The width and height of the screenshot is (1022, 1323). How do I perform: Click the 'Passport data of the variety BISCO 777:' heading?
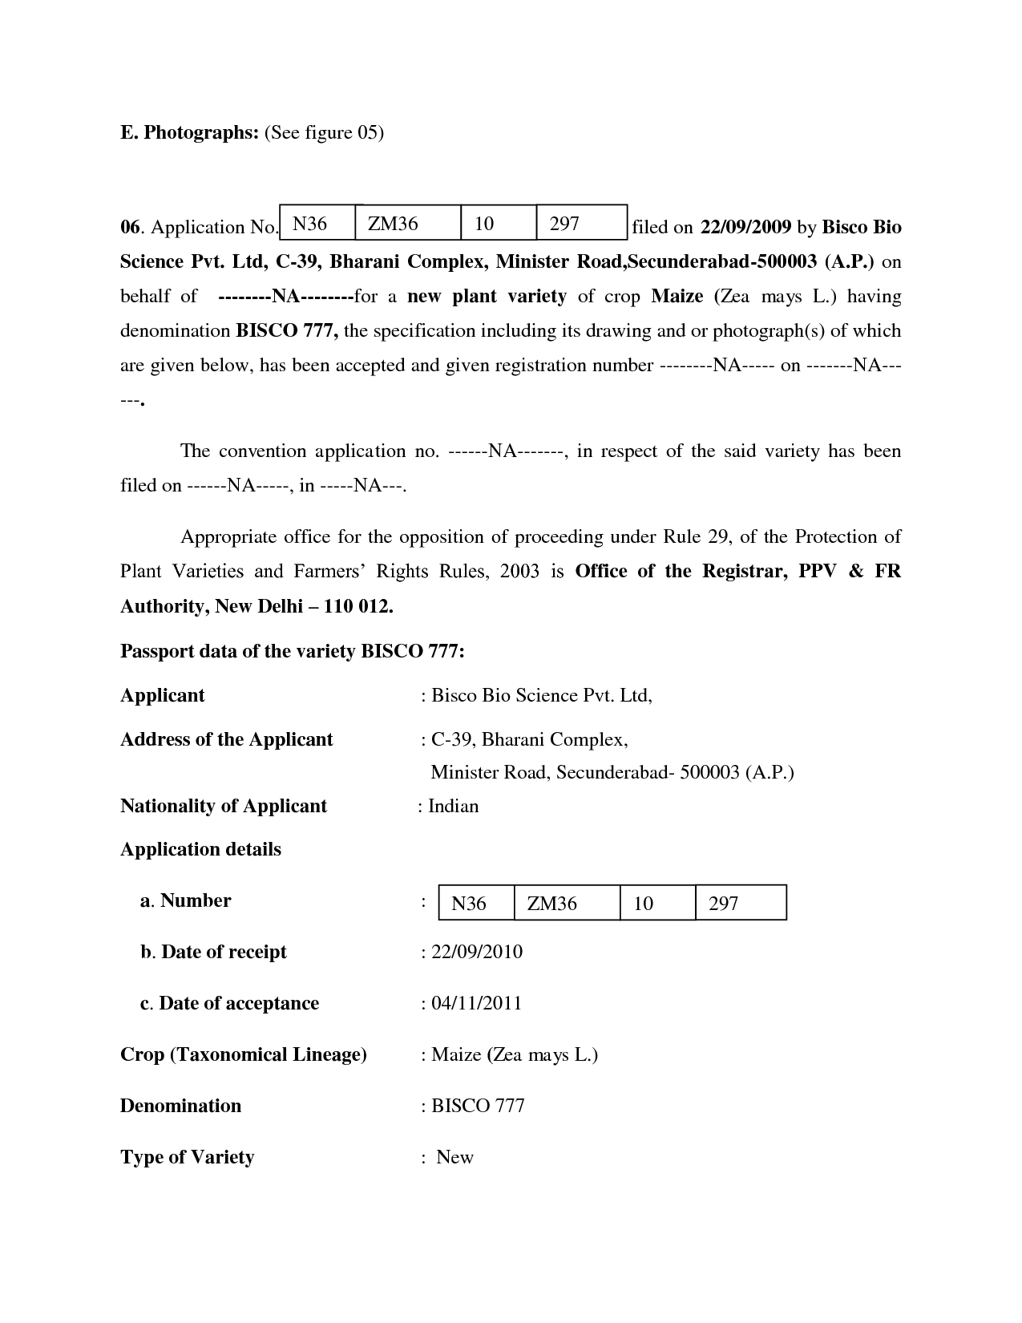(293, 651)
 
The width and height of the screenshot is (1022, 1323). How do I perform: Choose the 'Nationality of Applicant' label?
(224, 806)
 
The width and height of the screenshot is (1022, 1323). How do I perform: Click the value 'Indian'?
(453, 806)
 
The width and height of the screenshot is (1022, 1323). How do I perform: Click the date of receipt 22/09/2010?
(476, 952)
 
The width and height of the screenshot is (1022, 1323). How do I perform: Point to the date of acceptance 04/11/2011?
(476, 1003)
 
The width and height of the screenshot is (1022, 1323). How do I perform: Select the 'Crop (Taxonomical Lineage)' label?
(244, 1054)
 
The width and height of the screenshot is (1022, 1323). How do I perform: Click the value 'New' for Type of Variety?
(454, 1157)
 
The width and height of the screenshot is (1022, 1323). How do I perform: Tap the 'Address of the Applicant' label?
(227, 739)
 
